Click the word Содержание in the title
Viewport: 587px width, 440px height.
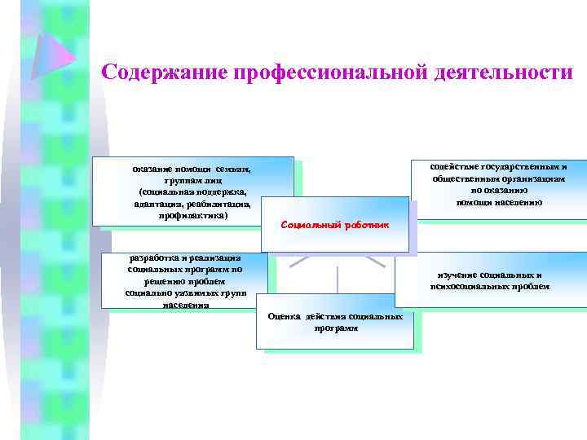pos(164,73)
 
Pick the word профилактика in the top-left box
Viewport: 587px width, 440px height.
pos(193,217)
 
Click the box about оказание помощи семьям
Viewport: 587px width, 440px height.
pos(193,191)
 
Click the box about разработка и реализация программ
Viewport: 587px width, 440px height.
pos(184,280)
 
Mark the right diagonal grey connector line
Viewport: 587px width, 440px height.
pos(375,261)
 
